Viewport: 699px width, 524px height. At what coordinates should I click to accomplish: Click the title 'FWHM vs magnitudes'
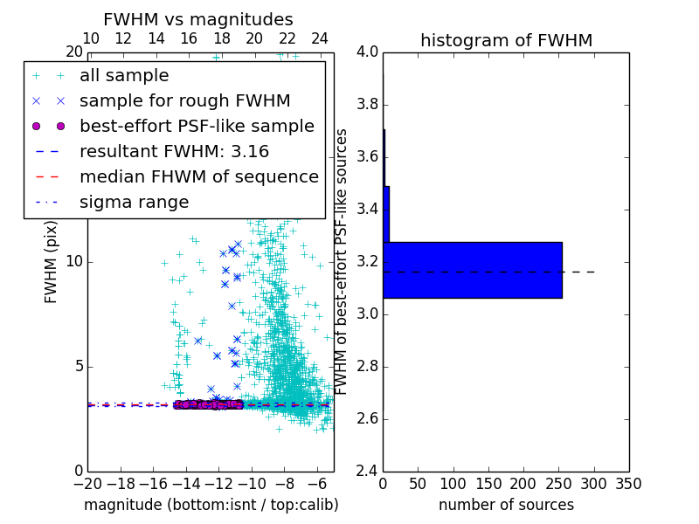[x=198, y=19]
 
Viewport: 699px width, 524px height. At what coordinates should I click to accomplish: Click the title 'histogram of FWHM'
[x=506, y=40]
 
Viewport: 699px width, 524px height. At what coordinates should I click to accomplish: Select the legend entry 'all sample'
[x=124, y=76]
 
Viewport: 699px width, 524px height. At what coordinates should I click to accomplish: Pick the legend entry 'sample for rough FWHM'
[x=184, y=101]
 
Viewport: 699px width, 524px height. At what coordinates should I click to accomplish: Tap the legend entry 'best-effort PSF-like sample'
[x=197, y=127]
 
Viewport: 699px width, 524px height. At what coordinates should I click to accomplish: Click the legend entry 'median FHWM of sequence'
[x=199, y=177]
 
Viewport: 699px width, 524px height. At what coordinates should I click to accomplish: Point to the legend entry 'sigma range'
[x=134, y=203]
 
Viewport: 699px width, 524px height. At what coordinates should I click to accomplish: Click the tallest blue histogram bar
[x=472, y=270]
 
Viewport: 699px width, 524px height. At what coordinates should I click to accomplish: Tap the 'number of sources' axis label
[x=506, y=505]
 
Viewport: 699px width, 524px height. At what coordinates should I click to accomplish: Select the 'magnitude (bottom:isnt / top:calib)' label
[x=211, y=505]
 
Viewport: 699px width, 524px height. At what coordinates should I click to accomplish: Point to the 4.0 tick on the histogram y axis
[x=367, y=52]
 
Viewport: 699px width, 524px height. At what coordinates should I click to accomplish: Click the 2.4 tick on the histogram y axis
[x=367, y=471]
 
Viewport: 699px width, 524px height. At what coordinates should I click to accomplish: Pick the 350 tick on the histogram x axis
[x=629, y=484]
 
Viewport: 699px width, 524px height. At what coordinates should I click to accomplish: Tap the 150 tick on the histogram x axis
[x=488, y=484]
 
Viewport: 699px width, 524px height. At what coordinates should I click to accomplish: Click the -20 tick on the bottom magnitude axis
[x=87, y=484]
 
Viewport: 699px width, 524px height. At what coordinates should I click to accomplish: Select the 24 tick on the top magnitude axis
[x=320, y=38]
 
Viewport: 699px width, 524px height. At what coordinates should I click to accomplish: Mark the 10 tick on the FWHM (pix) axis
[x=73, y=262]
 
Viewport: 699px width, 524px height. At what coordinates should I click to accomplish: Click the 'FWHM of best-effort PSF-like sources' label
[x=343, y=261]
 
